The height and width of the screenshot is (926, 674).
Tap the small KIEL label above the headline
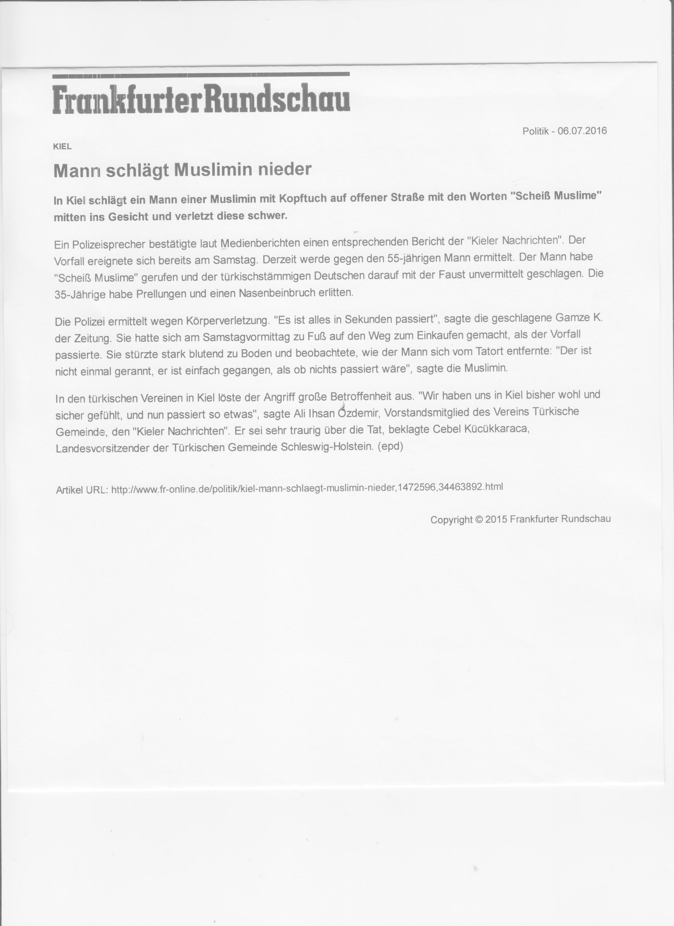(62, 147)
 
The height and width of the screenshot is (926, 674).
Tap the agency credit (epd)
(390, 446)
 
